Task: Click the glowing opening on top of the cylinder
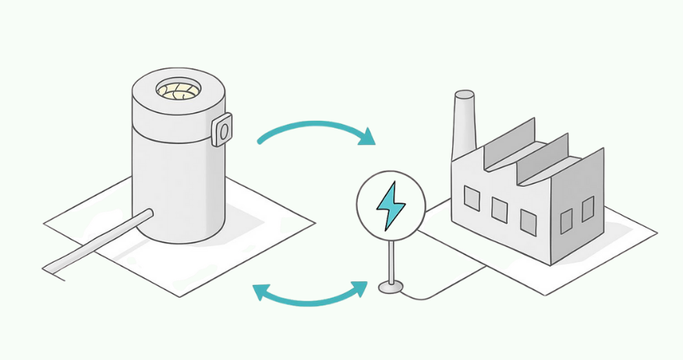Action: coord(179,90)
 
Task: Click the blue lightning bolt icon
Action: coord(390,206)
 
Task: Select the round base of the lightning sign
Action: coord(391,288)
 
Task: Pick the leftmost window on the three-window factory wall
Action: coord(472,198)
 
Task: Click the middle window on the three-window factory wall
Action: coord(500,210)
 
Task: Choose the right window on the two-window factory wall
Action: coord(587,208)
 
